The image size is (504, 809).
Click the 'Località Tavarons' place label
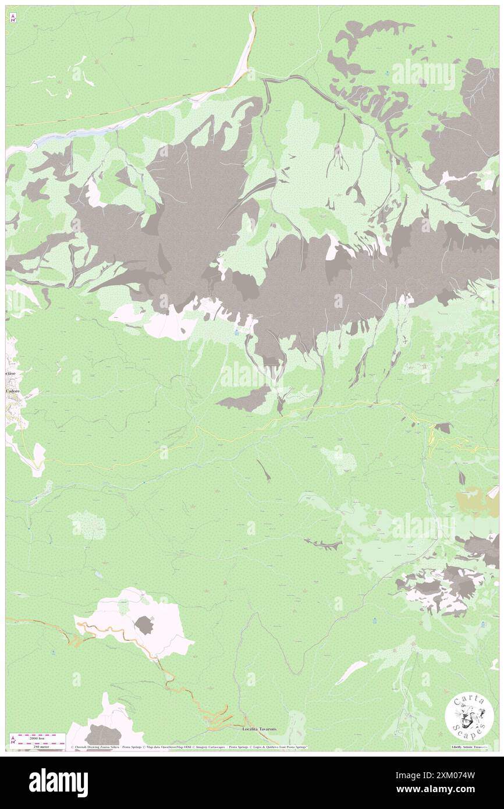260,728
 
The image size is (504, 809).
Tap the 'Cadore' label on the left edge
13,392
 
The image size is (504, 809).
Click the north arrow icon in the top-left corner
13,17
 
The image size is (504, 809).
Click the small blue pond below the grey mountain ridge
236,332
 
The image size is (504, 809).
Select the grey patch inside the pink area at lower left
143,626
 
